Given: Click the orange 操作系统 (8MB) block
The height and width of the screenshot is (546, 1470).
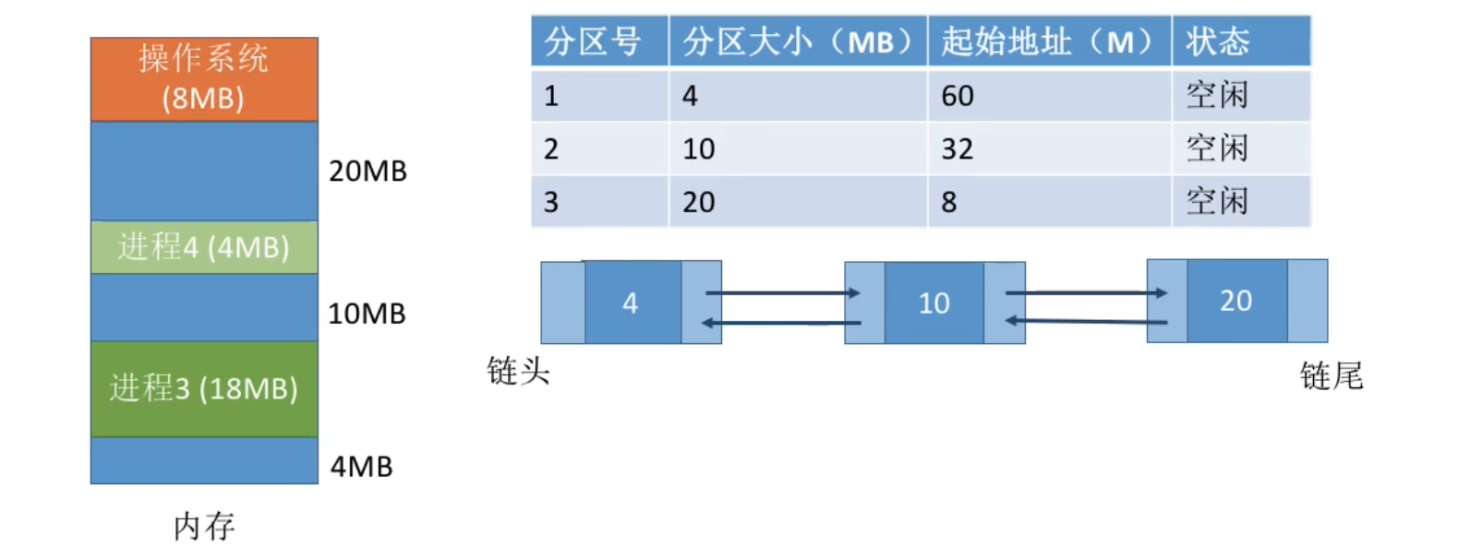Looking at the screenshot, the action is [204, 78].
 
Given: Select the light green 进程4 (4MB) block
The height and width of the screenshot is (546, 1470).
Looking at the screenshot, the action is [204, 247].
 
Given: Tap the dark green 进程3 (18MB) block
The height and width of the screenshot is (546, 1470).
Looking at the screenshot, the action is [204, 388].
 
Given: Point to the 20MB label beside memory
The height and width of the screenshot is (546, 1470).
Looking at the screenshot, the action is [367, 172].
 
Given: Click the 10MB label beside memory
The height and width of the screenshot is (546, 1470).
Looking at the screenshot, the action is [367, 314].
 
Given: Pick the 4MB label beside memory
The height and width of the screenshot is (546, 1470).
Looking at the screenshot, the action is [361, 467].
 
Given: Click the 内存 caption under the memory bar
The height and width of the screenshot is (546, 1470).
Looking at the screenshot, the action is [204, 527].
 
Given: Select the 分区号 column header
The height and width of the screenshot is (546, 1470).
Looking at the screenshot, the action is [593, 42].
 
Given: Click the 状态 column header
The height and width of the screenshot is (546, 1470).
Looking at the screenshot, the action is [1217, 42].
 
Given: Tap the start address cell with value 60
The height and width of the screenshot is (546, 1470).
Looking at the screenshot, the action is [958, 96].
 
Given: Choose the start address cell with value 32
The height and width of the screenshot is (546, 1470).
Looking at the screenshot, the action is [958, 149].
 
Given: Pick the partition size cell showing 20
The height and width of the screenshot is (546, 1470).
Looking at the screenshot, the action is [699, 202].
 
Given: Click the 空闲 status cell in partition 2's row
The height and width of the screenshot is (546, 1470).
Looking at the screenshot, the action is [1217, 148].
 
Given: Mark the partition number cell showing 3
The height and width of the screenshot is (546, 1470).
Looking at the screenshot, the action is [551, 202].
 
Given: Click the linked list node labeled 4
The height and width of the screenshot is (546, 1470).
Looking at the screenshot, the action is [632, 303].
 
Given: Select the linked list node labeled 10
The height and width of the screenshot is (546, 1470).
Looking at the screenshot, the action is [934, 303].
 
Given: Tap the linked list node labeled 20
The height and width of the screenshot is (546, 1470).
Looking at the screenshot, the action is [1236, 301].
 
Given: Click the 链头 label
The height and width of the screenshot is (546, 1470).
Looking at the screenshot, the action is [518, 372].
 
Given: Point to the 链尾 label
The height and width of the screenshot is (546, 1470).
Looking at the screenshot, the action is [1331, 376].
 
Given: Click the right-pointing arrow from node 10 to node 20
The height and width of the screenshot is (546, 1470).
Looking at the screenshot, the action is [1086, 293].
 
